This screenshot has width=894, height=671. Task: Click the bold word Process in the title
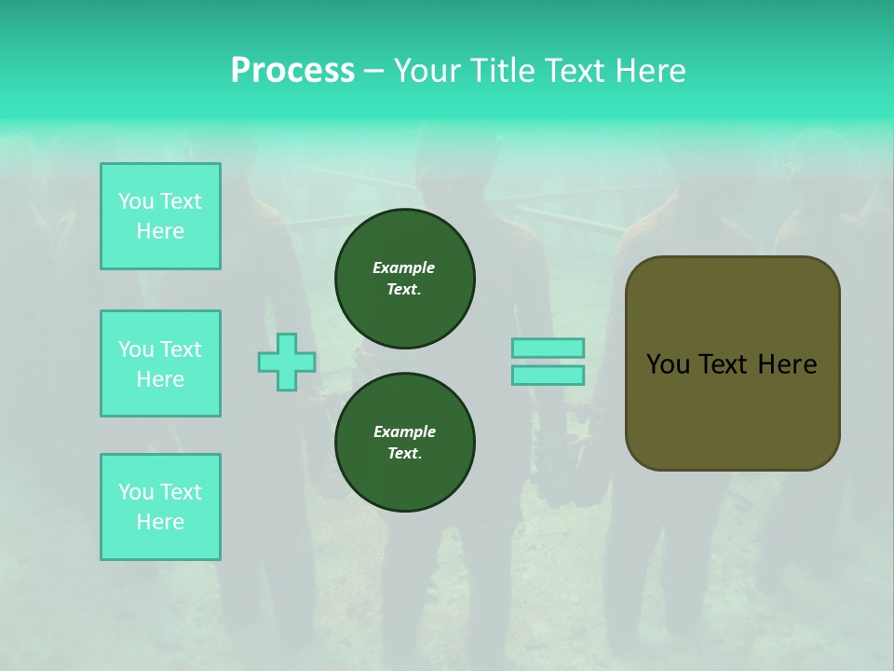pyautogui.click(x=292, y=71)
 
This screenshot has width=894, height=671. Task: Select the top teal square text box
pyautogui.click(x=160, y=216)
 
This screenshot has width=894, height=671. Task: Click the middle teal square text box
pyautogui.click(x=160, y=363)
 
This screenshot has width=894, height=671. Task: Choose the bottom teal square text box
pyautogui.click(x=160, y=507)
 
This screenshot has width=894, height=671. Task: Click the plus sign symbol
pyautogui.click(x=287, y=362)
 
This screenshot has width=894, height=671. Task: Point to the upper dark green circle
pyautogui.click(x=405, y=279)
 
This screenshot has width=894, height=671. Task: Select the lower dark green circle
pyautogui.click(x=405, y=443)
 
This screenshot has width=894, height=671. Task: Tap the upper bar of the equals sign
pyautogui.click(x=548, y=348)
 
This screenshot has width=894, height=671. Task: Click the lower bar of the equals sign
pyautogui.click(x=548, y=376)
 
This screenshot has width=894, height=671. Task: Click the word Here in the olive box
pyautogui.click(x=787, y=364)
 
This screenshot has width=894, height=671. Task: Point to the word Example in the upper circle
pyautogui.click(x=404, y=267)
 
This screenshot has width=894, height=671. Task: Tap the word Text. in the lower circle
pyautogui.click(x=404, y=454)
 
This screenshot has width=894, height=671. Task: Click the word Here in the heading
pyautogui.click(x=651, y=71)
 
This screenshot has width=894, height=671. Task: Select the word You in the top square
pyautogui.click(x=136, y=201)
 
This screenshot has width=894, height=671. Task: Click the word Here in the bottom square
pyautogui.click(x=160, y=522)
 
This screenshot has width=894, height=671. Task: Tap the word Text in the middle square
pyautogui.click(x=181, y=349)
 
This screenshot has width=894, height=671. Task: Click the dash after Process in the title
pyautogui.click(x=373, y=71)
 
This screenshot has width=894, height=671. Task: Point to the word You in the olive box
pyautogui.click(x=667, y=364)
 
